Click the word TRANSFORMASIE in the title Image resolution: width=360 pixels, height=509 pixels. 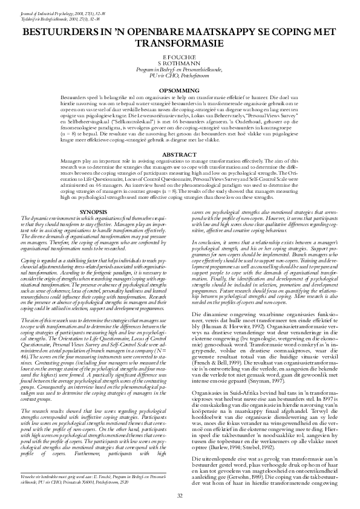[180, 45]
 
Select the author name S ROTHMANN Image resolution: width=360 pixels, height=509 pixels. [180, 62]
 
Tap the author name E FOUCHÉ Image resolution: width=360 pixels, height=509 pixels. [180, 56]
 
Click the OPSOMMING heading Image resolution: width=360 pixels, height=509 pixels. [180, 90]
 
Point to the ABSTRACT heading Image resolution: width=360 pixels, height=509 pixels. [180, 137]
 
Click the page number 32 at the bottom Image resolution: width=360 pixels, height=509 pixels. [180, 496]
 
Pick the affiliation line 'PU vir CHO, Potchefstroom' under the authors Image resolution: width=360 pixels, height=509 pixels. [180, 74]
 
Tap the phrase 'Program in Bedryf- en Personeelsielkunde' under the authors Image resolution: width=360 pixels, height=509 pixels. [180, 68]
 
